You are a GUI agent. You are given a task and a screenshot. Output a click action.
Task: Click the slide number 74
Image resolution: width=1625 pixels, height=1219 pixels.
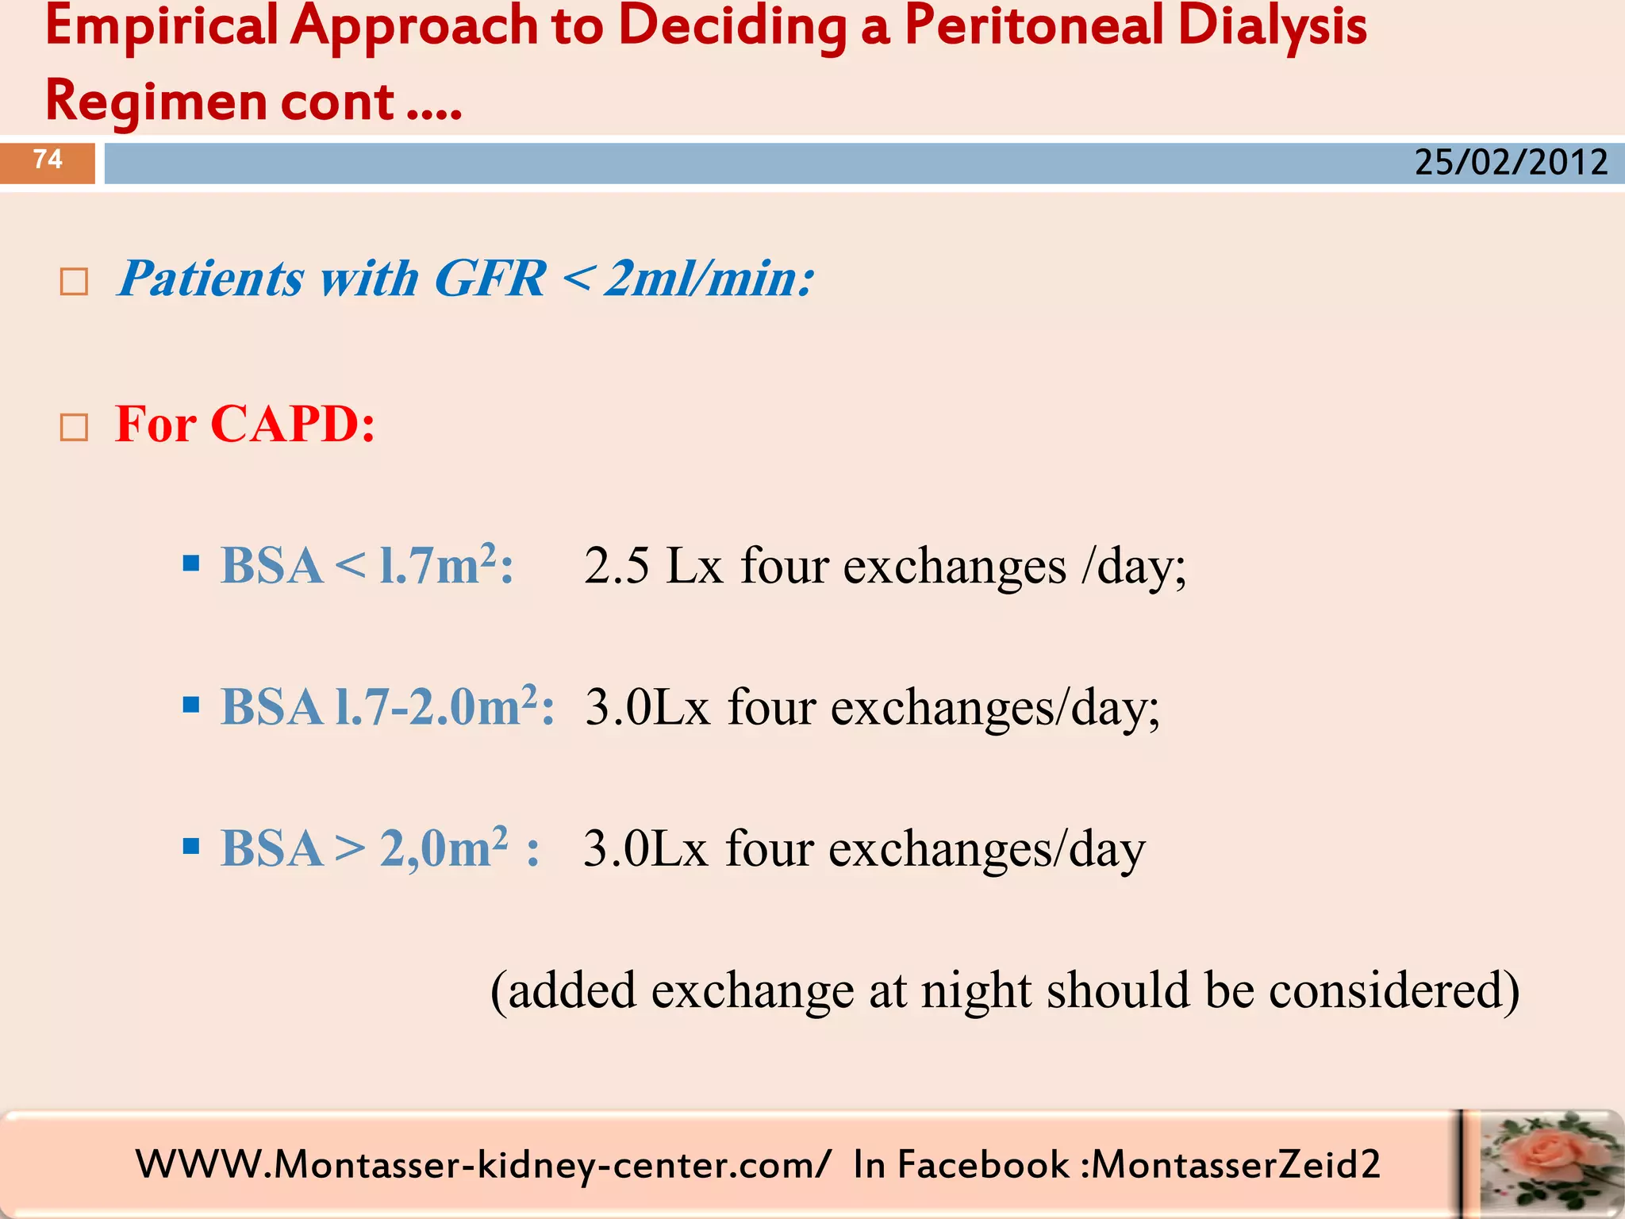click(x=48, y=160)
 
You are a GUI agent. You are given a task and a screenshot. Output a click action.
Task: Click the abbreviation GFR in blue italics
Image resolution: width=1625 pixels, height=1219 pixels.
click(x=490, y=279)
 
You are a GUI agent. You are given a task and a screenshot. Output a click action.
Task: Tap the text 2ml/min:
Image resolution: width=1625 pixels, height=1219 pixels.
click(x=709, y=279)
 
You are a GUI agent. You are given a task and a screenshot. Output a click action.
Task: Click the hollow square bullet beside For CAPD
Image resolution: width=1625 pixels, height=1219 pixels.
click(x=74, y=428)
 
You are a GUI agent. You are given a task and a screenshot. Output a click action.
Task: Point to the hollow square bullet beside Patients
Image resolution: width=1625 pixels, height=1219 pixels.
click(x=74, y=282)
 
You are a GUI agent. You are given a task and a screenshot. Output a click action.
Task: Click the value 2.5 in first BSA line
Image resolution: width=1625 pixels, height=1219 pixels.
click(x=617, y=567)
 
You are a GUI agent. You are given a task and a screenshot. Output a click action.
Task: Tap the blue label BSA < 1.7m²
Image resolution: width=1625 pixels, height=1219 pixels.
click(x=367, y=565)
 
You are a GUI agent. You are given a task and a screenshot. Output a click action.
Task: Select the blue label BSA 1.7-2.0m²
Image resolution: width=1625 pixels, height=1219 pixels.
click(x=386, y=706)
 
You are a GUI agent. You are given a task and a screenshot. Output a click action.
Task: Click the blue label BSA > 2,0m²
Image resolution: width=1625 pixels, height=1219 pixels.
click(x=379, y=848)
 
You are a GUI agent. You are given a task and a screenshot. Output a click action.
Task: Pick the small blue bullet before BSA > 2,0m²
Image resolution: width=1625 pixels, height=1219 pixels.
click(x=190, y=846)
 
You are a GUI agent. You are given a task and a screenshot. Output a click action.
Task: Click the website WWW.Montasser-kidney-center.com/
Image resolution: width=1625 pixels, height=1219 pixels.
click(x=482, y=1165)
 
